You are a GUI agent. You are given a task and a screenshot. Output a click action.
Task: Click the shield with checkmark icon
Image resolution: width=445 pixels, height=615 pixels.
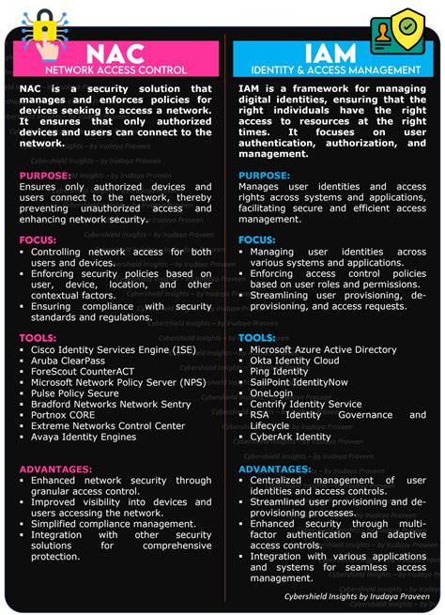coord(410,27)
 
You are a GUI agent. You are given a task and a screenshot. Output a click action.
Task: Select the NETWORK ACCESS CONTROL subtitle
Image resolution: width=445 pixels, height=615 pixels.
coord(116,70)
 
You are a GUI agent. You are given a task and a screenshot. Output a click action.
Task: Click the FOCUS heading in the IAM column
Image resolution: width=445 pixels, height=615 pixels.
coord(257,240)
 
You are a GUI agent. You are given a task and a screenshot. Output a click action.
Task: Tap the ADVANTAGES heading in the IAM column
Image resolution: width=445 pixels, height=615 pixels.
coord(274,469)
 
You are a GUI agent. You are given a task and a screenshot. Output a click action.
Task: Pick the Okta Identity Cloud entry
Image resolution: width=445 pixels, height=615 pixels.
coord(294,361)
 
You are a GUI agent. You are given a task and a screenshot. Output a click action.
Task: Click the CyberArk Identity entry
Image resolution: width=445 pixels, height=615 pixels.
coord(290,437)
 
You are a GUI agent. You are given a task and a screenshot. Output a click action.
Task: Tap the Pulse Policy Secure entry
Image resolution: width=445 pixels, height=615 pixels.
coord(75,393)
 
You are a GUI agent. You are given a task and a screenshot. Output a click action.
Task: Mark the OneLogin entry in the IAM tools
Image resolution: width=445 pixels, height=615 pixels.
coord(272,393)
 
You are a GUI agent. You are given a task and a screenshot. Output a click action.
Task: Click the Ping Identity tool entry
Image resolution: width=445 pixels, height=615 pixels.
coord(279,372)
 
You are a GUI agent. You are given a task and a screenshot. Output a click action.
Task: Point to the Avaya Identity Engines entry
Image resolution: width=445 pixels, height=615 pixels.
coord(84,437)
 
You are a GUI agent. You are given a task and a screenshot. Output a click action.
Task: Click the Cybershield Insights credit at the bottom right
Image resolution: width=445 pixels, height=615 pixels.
coord(357,596)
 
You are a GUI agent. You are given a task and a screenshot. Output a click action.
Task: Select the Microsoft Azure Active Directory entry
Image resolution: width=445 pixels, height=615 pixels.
coord(323,350)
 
